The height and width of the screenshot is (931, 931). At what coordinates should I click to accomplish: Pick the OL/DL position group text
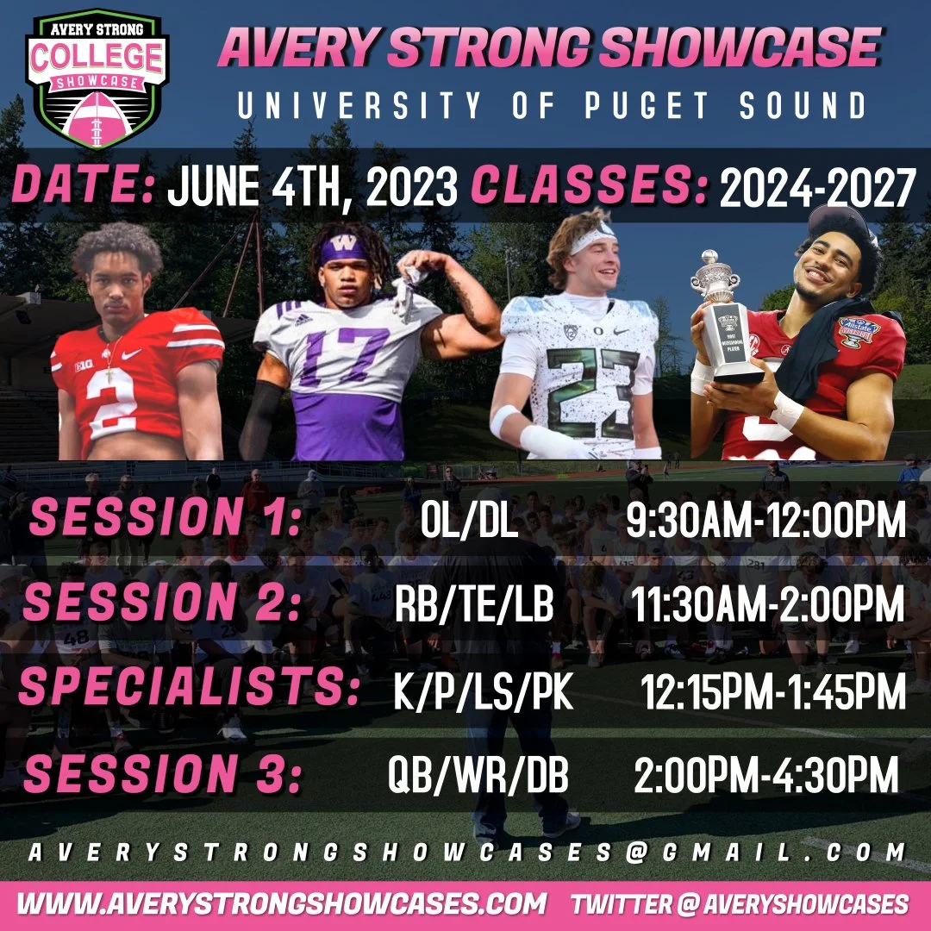point(469,521)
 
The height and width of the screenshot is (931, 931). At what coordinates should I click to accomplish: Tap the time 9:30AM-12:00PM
point(767,521)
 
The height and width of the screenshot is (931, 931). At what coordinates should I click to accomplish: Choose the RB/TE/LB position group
point(474,605)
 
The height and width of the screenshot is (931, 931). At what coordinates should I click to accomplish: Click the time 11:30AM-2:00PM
point(767,605)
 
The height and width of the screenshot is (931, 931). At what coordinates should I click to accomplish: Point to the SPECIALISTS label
point(189,690)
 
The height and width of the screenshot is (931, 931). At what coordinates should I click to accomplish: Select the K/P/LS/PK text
point(484,691)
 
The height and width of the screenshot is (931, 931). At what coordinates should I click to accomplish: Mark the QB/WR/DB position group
point(478,776)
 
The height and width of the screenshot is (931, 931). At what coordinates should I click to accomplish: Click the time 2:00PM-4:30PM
point(766,776)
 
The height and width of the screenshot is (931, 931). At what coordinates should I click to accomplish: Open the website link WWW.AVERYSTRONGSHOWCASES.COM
point(282,903)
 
